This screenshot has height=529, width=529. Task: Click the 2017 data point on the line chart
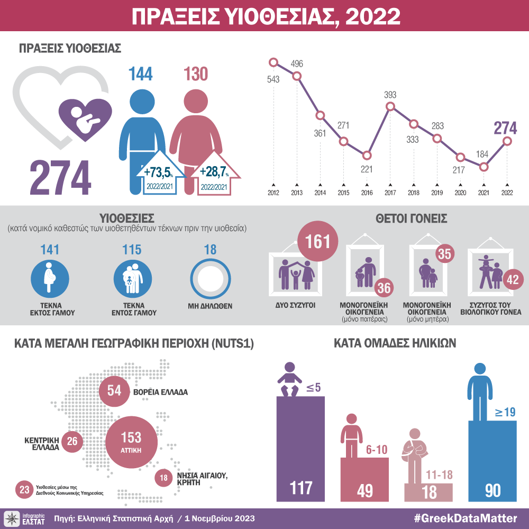point(390,107)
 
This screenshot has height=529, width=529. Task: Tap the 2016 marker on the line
point(367,156)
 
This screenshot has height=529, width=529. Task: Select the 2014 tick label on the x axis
point(320,193)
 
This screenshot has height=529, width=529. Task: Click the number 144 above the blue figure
point(140,74)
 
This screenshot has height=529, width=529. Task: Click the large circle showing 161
point(318,242)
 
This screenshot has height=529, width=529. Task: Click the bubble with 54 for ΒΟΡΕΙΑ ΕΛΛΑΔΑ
point(115,391)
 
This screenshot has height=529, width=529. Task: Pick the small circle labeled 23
point(24,489)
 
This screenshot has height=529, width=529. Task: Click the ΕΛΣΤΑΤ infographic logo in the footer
point(24,518)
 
